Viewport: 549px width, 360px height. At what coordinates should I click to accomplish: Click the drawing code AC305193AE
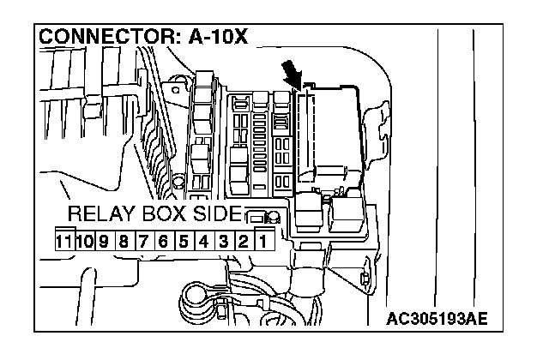coord(437,319)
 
